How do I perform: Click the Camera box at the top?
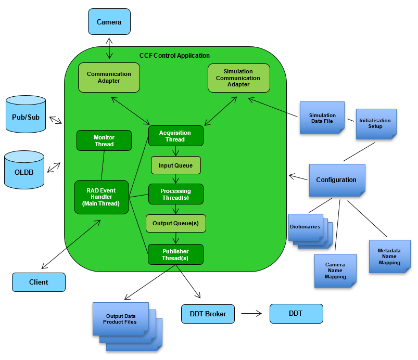point(109,22)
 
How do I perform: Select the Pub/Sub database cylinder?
point(26,118)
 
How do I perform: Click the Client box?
point(39,282)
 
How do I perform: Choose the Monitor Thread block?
point(104,140)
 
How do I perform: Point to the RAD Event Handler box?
point(102,197)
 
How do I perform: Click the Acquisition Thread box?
point(175,136)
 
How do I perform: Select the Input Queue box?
point(175,165)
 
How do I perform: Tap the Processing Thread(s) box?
point(175,194)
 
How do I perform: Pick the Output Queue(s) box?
point(175,223)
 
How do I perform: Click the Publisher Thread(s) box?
point(175,254)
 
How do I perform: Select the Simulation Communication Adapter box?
point(238,78)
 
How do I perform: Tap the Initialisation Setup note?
point(376,124)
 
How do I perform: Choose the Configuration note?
point(336,180)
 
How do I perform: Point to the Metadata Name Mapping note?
point(389,256)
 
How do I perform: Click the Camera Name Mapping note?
point(335,271)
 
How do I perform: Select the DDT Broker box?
point(208,314)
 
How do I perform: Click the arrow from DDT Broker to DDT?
point(251,314)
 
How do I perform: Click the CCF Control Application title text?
point(174,56)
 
